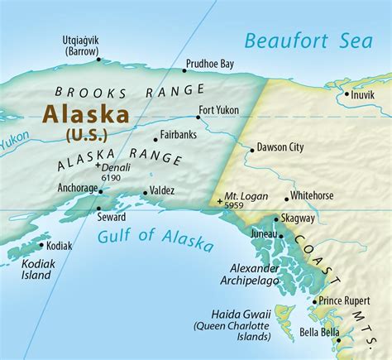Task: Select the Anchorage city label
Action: pos(78,188)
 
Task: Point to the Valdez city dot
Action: pos(146,193)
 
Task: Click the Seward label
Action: pos(112,217)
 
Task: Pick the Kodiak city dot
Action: pos(41,244)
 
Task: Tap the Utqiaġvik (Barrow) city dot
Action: pos(98,59)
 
